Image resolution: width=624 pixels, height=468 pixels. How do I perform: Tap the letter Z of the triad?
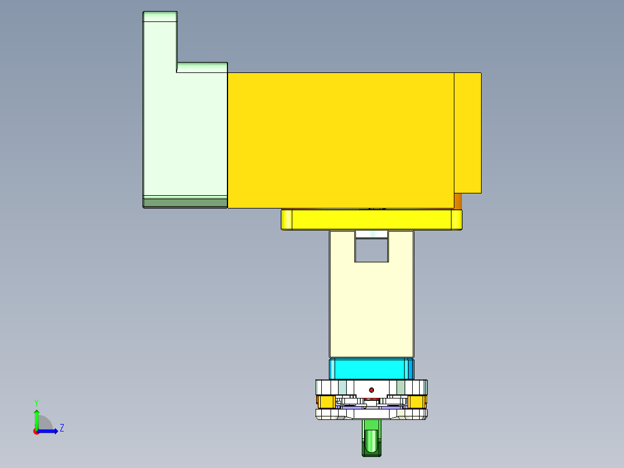pyautogui.click(x=61, y=428)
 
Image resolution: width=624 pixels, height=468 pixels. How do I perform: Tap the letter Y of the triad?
pyautogui.click(x=36, y=402)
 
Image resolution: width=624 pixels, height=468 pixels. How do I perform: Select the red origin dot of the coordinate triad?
pyautogui.click(x=36, y=431)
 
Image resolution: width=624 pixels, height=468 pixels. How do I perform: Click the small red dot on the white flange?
pyautogui.click(x=372, y=390)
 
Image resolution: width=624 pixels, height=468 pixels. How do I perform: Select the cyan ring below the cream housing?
pyautogui.click(x=371, y=368)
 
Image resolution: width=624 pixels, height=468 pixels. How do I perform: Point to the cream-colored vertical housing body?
pyautogui.click(x=371, y=307)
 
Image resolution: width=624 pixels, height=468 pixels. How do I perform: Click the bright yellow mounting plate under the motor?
pyautogui.click(x=371, y=220)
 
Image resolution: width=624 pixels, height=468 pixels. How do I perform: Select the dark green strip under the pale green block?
pyautogui.click(x=185, y=202)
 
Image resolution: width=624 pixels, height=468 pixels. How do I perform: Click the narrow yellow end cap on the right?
pyautogui.click(x=467, y=132)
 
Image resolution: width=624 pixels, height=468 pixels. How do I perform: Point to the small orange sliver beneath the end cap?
pyautogui.click(x=458, y=200)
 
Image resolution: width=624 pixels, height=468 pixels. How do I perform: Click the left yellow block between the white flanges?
pyautogui.click(x=326, y=401)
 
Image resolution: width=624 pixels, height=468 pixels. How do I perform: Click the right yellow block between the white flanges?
pyautogui.click(x=417, y=401)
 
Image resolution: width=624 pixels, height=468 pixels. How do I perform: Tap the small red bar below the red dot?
pyautogui.click(x=371, y=399)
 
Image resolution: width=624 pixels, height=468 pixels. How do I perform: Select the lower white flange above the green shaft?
pyautogui.click(x=371, y=414)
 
